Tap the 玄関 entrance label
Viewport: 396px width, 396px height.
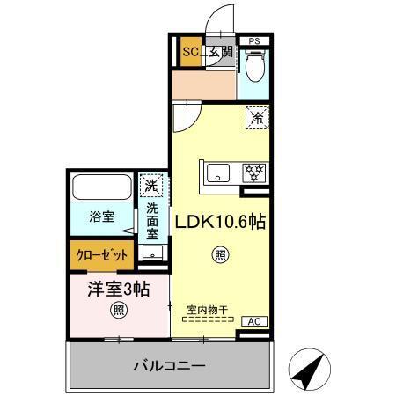coord(220,52)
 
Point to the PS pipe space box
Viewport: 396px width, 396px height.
coord(254,40)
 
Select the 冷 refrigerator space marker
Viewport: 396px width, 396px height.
coord(257,116)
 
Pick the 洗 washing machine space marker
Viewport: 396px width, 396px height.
coord(151,186)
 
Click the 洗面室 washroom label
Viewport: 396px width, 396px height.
coord(152,223)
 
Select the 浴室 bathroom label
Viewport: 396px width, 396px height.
coord(100,216)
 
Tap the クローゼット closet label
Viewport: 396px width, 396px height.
coord(101,255)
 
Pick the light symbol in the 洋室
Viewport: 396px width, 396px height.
coord(117,310)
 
